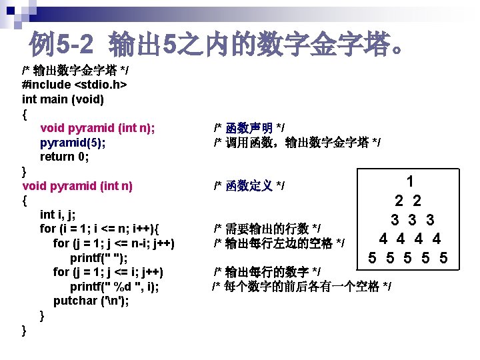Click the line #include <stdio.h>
75,85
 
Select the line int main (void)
63,99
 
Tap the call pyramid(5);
72,143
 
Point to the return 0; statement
66,157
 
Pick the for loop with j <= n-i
113,243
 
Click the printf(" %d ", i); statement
115,287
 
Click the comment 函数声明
249,127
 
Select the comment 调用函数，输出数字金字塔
297,142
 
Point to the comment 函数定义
249,185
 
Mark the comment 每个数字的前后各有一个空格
301,287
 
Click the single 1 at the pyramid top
410,181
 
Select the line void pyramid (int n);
98,128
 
